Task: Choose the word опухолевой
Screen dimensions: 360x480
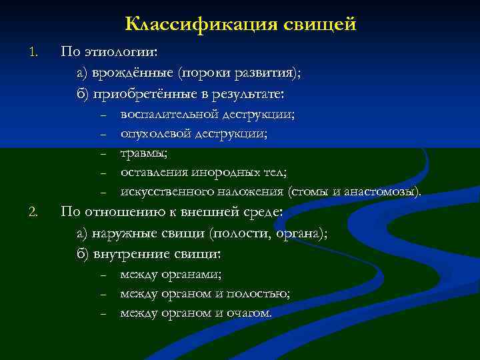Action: [155, 133]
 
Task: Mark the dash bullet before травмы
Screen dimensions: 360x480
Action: [104, 155]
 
